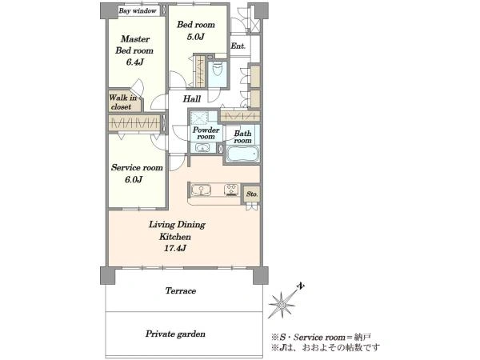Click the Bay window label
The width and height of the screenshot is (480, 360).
pyautogui.click(x=138, y=10)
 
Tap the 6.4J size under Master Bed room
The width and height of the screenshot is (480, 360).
pyautogui.click(x=134, y=62)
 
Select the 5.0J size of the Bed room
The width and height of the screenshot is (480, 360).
pyautogui.click(x=195, y=37)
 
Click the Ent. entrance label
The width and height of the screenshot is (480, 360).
pyautogui.click(x=238, y=46)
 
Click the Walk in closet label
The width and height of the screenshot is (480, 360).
pyautogui.click(x=122, y=102)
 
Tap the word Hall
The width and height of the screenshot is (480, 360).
pyautogui.click(x=192, y=99)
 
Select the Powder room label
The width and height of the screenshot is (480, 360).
pyautogui.click(x=206, y=133)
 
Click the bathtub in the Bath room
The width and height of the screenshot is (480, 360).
pyautogui.click(x=242, y=154)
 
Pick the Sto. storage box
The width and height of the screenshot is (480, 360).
pyautogui.click(x=252, y=194)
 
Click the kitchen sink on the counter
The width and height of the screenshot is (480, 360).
pyautogui.click(x=201, y=190)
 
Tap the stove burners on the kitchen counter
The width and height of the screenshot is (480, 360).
pyautogui.click(x=231, y=190)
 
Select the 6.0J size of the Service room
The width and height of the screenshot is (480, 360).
pyautogui.click(x=134, y=179)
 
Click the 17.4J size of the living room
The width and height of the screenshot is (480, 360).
pyautogui.click(x=174, y=248)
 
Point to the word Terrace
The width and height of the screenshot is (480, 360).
pyautogui.click(x=181, y=290)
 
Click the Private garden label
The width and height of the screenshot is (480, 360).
pyautogui.click(x=175, y=334)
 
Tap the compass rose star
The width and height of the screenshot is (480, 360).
pyautogui.click(x=282, y=305)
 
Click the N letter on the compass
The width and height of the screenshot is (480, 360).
pyautogui.click(x=302, y=286)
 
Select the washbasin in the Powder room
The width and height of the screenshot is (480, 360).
pyautogui.click(x=202, y=149)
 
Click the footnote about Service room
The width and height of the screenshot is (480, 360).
pyautogui.click(x=322, y=338)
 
